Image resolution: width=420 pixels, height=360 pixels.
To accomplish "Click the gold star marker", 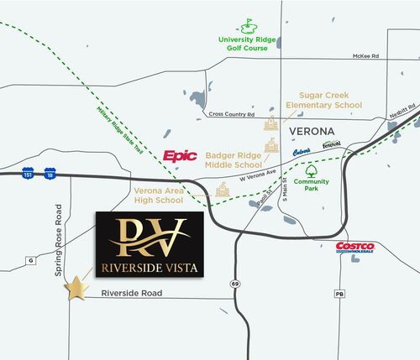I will coord(77,288).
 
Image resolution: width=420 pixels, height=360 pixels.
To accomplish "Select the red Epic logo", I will coord(180,155).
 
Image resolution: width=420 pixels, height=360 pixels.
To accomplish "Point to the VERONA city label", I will coord(312,133).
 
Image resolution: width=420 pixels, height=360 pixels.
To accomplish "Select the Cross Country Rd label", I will coord(231,113).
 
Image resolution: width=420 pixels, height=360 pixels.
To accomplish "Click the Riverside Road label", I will coord(130,294).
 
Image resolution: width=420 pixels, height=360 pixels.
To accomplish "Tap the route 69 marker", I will coord(236,284).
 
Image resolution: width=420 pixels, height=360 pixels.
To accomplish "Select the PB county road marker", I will coord(340,295).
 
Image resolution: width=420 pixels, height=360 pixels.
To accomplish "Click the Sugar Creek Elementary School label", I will coord(323,100).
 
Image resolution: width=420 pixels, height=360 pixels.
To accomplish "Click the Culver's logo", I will coord(302,151).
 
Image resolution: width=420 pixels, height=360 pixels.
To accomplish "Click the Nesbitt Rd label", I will coord(402,110).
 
